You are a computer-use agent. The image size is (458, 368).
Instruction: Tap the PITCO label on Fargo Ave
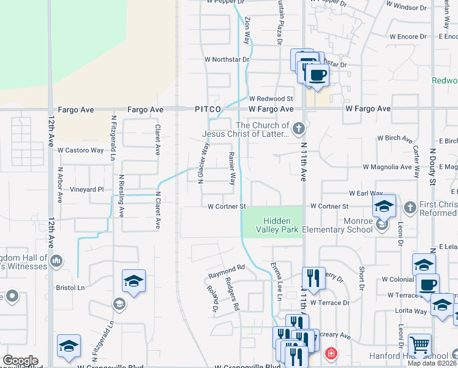click(x=208, y=109)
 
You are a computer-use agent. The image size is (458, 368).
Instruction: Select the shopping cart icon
click(x=419, y=345)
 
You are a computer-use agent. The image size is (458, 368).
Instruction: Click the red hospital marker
click(x=331, y=353)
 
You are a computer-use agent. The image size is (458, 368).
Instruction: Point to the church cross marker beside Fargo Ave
click(x=298, y=128)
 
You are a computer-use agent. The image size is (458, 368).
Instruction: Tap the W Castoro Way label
click(x=81, y=150)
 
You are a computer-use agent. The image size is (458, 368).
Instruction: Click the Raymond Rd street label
click(x=226, y=269)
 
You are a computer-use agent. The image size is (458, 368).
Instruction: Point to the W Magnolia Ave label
click(x=387, y=166)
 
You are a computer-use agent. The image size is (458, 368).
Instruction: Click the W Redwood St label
click(x=271, y=98)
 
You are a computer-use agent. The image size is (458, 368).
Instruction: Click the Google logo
click(x=20, y=361)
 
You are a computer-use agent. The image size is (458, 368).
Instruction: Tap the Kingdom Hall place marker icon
click(x=57, y=262)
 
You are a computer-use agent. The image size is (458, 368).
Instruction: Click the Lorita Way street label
click(x=411, y=311)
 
